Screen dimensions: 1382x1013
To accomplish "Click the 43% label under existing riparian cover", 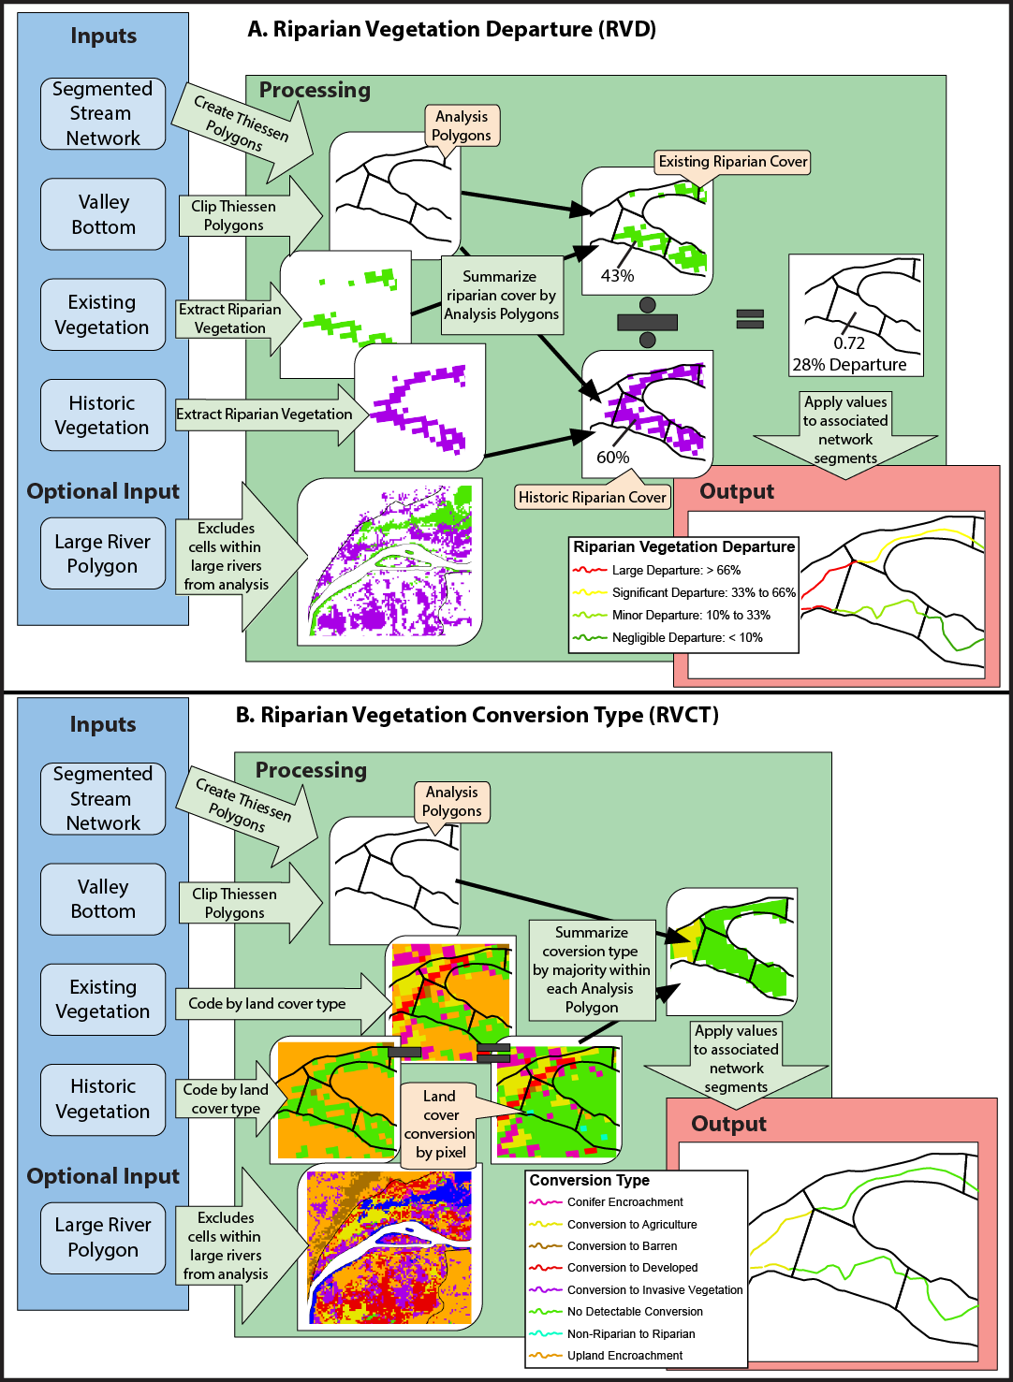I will pyautogui.click(x=617, y=276).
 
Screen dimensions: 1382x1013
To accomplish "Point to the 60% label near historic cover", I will pyautogui.click(x=613, y=458).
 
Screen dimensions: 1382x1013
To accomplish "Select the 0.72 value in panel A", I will pyautogui.click(x=849, y=343).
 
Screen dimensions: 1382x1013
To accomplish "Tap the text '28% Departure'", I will pyautogui.click(x=849, y=365).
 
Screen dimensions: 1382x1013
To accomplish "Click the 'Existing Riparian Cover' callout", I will pyautogui.click(x=732, y=162).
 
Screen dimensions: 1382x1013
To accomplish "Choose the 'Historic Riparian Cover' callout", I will pyautogui.click(x=593, y=498).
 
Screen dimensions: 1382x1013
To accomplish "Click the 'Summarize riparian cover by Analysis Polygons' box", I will pyautogui.click(x=501, y=296).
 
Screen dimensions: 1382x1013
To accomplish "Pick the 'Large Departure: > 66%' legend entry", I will pyautogui.click(x=675, y=571).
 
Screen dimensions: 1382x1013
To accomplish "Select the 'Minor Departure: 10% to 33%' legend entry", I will pyautogui.click(x=690, y=616).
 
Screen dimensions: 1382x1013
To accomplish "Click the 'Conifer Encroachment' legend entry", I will pyautogui.click(x=624, y=1202).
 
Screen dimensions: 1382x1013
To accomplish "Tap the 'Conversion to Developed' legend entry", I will pyautogui.click(x=632, y=1268).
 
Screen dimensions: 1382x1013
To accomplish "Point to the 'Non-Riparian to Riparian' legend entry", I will pyautogui.click(x=630, y=1334).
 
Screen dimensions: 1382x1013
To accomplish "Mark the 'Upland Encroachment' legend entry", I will pyautogui.click(x=624, y=1356).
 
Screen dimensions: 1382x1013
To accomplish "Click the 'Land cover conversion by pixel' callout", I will pyautogui.click(x=439, y=1124).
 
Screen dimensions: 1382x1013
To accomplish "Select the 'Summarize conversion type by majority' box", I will pyautogui.click(x=591, y=970).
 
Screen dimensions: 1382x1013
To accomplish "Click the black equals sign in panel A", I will pyautogui.click(x=750, y=319).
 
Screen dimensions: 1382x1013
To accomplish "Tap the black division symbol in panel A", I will pyautogui.click(x=647, y=323).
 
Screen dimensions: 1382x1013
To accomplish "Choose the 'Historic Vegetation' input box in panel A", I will pyautogui.click(x=103, y=415).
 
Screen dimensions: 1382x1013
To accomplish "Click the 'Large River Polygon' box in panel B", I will pyautogui.click(x=103, y=1238).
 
